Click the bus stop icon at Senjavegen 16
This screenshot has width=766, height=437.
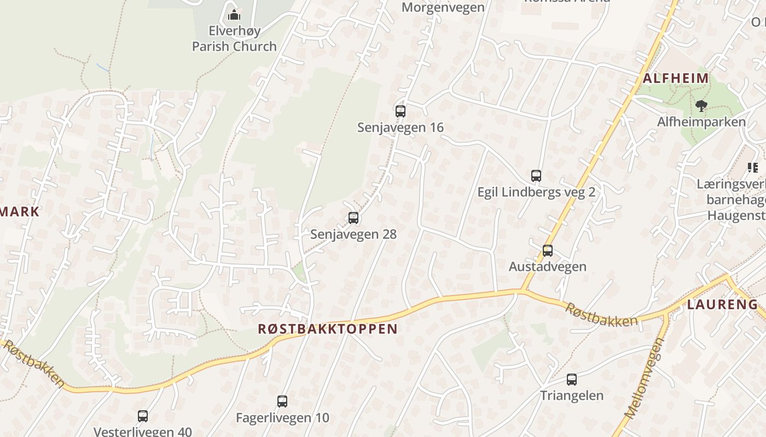click(x=401, y=111)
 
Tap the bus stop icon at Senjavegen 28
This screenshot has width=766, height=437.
click(x=353, y=218)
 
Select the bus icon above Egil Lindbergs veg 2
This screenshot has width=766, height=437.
click(x=536, y=176)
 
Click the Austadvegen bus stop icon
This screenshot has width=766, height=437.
click(x=548, y=251)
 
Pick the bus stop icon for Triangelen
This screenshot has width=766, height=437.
click(x=572, y=380)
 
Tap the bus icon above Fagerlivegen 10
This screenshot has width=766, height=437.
click(x=282, y=401)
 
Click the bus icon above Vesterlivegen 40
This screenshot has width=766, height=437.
click(x=143, y=416)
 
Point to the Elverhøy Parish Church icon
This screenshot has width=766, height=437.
click(x=234, y=14)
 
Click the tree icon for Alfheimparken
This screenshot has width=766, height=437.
click(x=701, y=105)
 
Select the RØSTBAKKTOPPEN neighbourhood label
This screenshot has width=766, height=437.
click(x=328, y=329)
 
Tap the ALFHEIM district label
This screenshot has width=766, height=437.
click(x=676, y=78)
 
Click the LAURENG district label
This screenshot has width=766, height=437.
click(x=722, y=305)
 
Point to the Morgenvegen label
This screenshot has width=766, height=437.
click(x=443, y=7)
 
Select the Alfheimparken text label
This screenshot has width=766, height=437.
click(x=701, y=122)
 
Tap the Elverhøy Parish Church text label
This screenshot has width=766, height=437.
click(x=234, y=38)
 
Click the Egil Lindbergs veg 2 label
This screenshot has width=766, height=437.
click(x=536, y=192)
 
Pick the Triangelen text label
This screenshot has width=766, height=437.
click(x=572, y=395)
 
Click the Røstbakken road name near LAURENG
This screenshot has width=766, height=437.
click(x=601, y=315)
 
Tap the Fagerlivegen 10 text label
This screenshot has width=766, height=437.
click(x=282, y=418)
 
